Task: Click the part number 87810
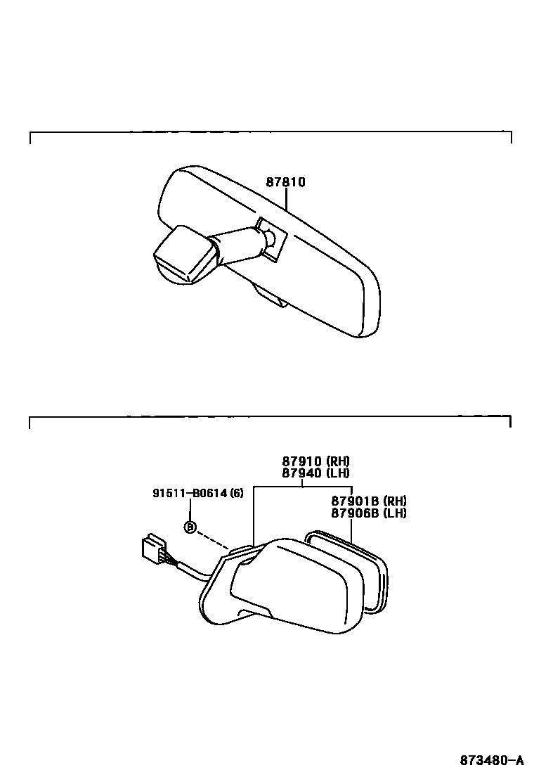pos(285,182)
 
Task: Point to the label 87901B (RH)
pos(368,501)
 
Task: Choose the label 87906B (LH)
pos(368,513)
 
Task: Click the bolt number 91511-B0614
pos(189,493)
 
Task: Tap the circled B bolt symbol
pos(190,527)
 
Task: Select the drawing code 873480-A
pos(492,760)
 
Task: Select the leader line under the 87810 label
pos(286,200)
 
